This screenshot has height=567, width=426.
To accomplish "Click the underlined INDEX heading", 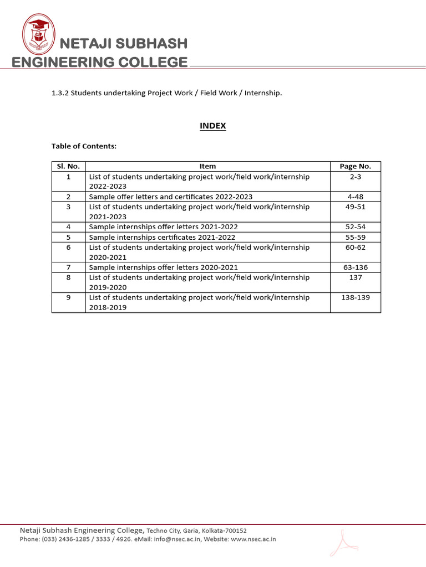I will coord(213,126).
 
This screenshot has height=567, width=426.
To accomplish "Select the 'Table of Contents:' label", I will coord(84,146).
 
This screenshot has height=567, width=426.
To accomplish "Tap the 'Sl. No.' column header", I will coord(68,166).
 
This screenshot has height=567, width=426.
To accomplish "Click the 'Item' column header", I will coord(207,166).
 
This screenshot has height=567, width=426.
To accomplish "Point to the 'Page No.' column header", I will coord(355,166).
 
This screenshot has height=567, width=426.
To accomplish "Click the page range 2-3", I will coord(355,177).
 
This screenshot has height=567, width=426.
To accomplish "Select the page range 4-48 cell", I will coord(355,197).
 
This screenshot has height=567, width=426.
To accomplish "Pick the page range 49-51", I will coord(355,207).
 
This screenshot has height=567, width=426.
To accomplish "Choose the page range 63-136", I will coord(355,267).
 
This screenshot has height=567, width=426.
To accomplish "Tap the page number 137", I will coord(355,277).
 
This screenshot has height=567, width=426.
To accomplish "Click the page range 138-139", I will coord(355,297).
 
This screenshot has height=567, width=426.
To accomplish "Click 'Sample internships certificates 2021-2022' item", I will coord(166,237).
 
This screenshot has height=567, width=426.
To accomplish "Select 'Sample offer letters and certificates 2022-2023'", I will coord(171,197).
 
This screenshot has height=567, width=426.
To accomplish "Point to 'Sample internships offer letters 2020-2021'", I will coord(163,267).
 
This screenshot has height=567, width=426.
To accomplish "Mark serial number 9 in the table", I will coord(68,297).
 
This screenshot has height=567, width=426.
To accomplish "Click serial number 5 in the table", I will coord(68,237).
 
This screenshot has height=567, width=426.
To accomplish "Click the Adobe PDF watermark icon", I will coord(343,542).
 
